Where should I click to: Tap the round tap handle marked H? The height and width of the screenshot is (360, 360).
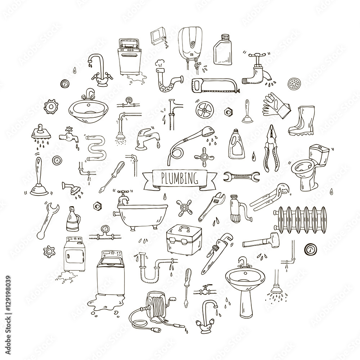(x=185, y=208)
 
